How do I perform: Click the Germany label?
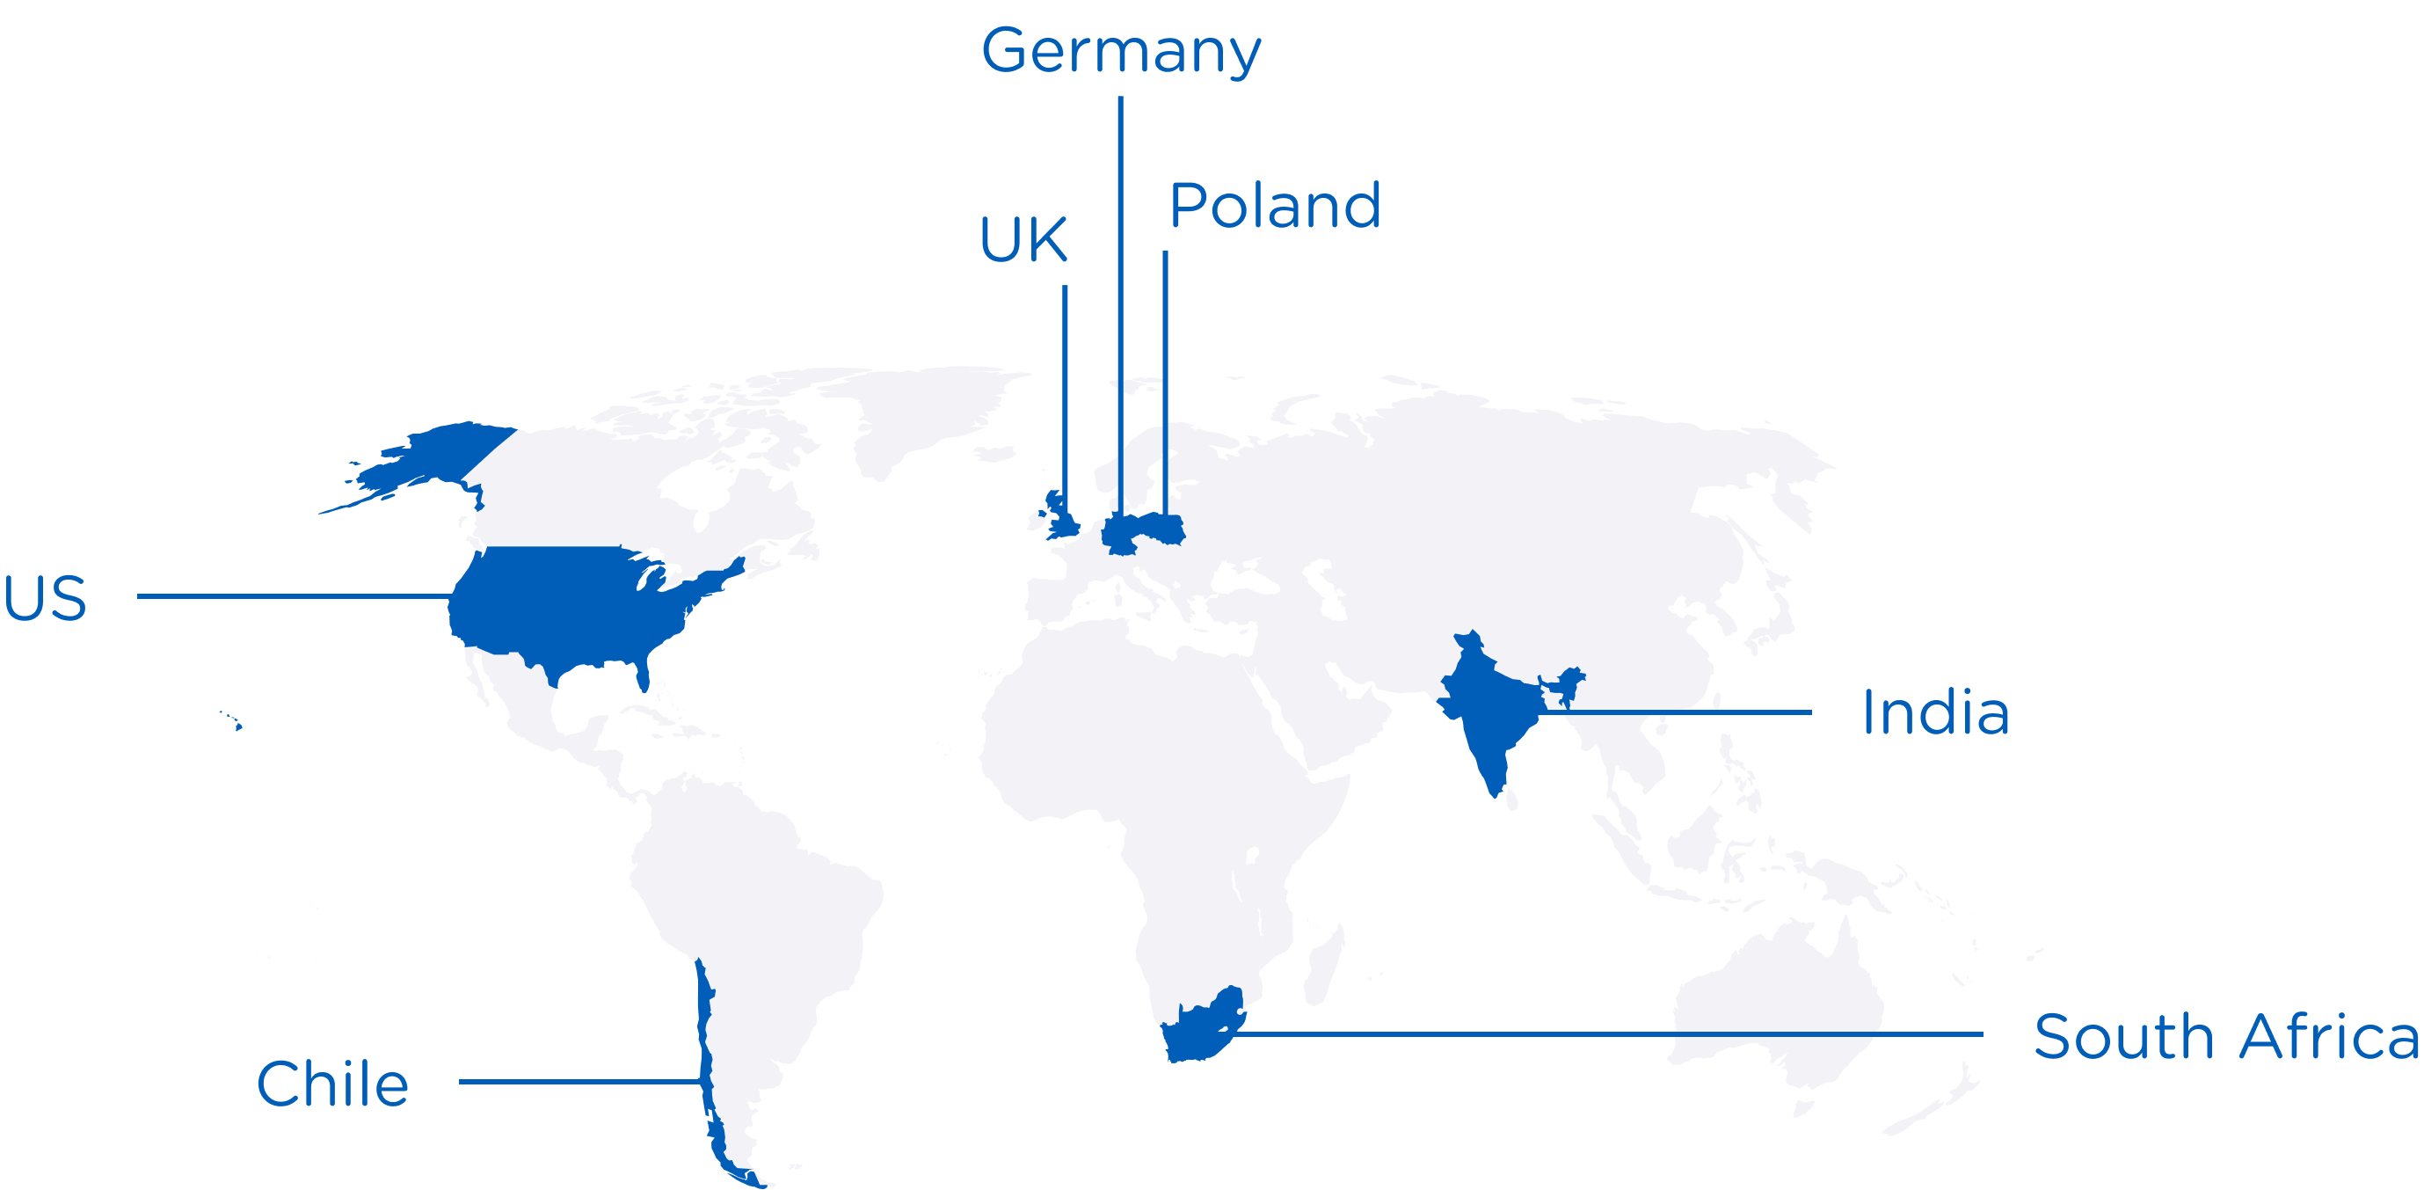pyautogui.click(x=1120, y=51)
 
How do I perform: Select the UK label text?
pyautogui.click(x=1023, y=240)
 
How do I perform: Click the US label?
pyautogui.click(x=45, y=598)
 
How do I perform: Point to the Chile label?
pyautogui.click(x=332, y=1084)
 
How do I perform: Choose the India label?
pyautogui.click(x=1934, y=712)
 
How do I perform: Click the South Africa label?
pyautogui.click(x=2225, y=1037)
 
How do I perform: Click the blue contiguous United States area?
pyautogui.click(x=564, y=602)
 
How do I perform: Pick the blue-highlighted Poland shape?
pyautogui.click(x=1163, y=529)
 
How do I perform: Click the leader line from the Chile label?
pyautogui.click(x=579, y=1082)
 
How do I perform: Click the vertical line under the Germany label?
pyautogui.click(x=1120, y=282)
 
